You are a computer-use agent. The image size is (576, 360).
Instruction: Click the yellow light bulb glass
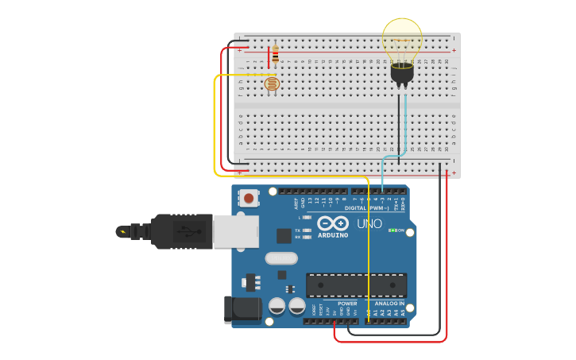(402, 40)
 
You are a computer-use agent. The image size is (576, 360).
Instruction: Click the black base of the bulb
(402, 74)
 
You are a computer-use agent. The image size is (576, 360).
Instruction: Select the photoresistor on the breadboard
(272, 83)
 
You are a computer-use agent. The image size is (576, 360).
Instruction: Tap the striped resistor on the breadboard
(275, 55)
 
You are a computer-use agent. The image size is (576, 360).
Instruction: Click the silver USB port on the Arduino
(236, 231)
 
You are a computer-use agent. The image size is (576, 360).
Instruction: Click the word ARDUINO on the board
(332, 235)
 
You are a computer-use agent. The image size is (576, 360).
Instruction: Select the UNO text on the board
(369, 224)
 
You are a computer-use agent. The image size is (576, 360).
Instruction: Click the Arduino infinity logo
(332, 223)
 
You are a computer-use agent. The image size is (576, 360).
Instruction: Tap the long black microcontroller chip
(356, 285)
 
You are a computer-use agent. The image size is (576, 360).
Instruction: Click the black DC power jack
(242, 308)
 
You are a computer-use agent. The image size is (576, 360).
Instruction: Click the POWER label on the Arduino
(347, 303)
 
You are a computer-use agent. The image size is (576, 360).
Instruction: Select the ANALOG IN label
(389, 303)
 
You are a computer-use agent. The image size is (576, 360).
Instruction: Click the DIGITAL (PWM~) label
(366, 208)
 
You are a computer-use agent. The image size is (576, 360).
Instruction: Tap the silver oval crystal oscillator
(280, 257)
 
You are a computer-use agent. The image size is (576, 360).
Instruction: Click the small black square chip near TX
(283, 235)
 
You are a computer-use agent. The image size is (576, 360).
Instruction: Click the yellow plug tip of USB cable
(122, 231)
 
